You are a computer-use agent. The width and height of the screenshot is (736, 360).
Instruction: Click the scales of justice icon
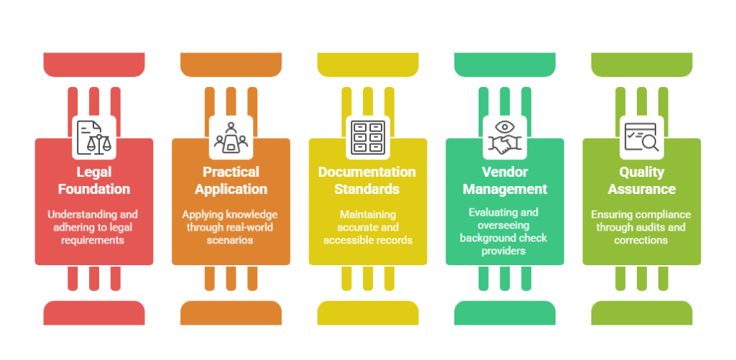point(94,137)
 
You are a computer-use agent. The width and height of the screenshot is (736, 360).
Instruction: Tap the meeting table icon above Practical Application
point(231,137)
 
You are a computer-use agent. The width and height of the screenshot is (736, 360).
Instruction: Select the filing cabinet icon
point(368,137)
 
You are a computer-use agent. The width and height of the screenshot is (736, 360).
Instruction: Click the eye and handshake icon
point(505,137)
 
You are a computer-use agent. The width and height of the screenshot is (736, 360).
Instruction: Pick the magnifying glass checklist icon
point(642,137)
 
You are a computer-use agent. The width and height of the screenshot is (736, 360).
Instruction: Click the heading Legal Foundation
point(94,180)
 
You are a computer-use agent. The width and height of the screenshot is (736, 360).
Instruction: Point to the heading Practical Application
point(231,180)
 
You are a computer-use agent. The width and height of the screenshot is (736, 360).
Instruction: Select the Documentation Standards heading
point(367,180)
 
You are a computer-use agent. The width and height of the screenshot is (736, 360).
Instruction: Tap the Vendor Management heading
point(505,180)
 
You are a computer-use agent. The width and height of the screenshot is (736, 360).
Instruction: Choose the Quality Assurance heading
point(642,180)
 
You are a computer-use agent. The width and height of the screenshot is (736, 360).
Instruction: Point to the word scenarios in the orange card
point(230,240)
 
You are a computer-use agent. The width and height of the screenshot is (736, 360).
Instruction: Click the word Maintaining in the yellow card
point(368,215)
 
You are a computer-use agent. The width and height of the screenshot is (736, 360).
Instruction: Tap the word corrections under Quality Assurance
point(641,240)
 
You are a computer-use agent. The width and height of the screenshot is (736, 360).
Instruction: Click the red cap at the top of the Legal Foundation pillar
point(94,64)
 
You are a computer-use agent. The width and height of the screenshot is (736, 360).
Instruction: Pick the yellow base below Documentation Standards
point(368,313)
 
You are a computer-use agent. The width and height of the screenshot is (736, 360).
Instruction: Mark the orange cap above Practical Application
point(231,64)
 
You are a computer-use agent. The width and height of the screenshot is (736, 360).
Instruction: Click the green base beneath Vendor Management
point(505,313)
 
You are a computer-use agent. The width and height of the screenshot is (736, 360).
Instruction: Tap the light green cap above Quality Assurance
point(642,64)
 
